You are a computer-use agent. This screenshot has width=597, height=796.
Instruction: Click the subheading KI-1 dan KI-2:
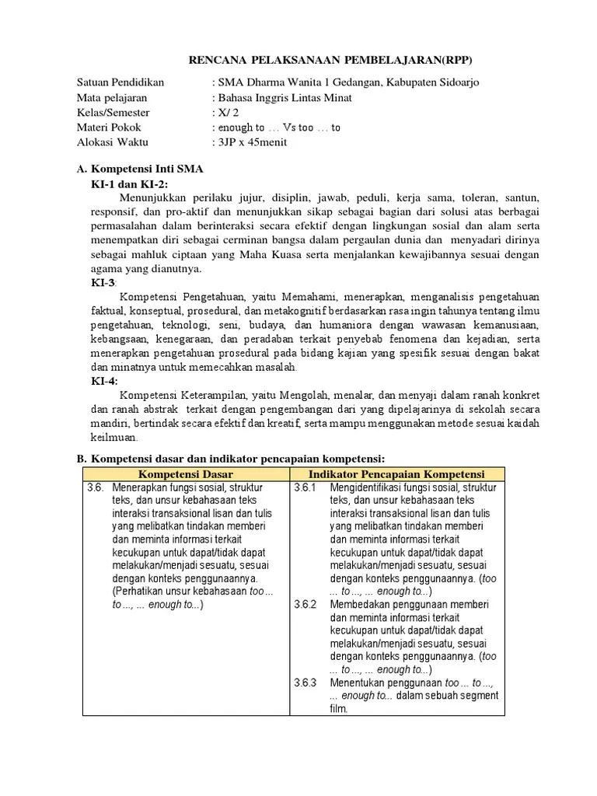coord(129,183)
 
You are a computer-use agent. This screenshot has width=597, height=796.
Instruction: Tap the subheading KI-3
coord(103,284)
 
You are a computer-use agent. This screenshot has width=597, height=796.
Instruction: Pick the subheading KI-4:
coord(104,381)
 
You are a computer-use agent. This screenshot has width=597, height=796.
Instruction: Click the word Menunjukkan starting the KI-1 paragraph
coord(155,197)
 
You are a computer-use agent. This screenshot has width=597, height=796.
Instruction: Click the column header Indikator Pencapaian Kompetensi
coord(396,474)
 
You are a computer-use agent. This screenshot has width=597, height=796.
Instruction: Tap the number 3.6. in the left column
coord(96,488)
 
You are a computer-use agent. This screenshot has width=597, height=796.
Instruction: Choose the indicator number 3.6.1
coord(306,488)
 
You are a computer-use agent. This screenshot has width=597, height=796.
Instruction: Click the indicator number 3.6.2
coord(306,604)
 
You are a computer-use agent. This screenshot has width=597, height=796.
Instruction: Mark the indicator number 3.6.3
coord(306,683)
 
